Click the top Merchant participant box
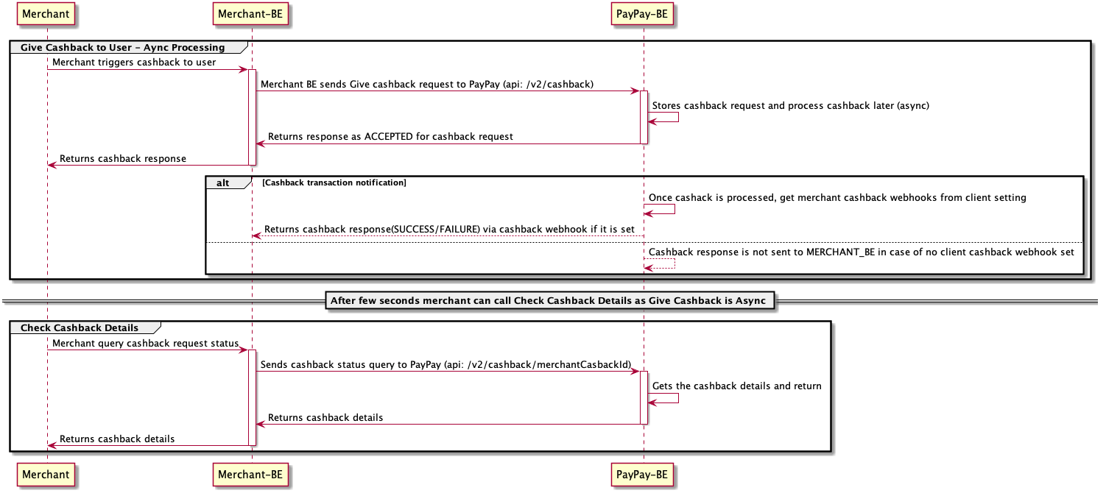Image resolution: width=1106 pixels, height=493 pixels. pyautogui.click(x=46, y=13)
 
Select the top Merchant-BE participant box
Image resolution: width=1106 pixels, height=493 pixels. pyautogui.click(x=251, y=13)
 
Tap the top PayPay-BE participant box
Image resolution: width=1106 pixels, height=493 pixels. pyautogui.click(x=644, y=13)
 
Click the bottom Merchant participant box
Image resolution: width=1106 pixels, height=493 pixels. pyautogui.click(x=46, y=475)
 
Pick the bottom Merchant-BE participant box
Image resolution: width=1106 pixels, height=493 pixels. pyautogui.click(x=251, y=475)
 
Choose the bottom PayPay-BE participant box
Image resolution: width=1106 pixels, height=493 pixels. pyautogui.click(x=644, y=475)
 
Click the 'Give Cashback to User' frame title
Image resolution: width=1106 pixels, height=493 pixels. pyautogui.click(x=122, y=48)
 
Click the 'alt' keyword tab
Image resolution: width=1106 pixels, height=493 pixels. pyautogui.click(x=223, y=182)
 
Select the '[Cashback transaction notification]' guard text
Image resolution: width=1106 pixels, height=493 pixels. pyautogui.click(x=334, y=182)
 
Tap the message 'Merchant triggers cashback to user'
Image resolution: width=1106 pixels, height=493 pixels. pyautogui.click(x=134, y=63)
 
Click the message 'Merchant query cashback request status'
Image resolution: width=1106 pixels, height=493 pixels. pyautogui.click(x=145, y=343)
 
